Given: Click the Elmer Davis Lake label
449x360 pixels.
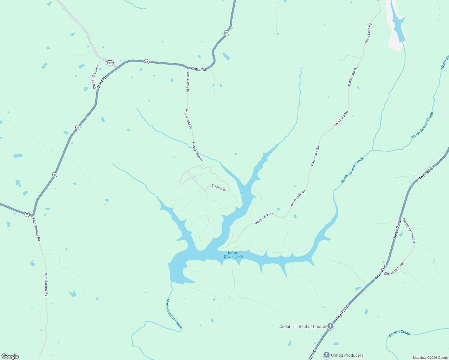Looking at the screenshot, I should [233, 254].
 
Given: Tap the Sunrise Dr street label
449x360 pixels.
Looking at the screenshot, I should [218, 188].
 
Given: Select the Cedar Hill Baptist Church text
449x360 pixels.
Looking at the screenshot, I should [303, 326].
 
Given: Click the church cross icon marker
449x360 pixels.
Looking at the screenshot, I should [330, 326].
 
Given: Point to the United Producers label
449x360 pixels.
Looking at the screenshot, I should [347, 355].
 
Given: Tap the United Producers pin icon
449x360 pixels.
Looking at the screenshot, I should [326, 355].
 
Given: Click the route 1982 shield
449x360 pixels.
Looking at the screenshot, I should [110, 63].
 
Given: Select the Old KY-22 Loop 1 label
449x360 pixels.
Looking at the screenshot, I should [95, 77].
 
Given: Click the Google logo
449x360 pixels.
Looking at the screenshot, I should [10, 356].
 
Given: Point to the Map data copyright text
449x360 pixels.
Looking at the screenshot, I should [430, 358].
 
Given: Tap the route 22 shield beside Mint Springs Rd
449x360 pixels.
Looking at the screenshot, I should [27, 214].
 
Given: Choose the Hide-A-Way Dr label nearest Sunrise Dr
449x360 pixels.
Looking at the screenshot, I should [197, 151].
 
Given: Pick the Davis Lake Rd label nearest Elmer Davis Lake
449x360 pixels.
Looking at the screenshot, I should [264, 218].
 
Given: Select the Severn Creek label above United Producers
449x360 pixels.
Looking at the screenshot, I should [399, 333].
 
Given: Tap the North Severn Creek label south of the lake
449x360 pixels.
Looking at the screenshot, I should [174, 313].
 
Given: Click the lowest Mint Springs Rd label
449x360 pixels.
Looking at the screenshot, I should [46, 284].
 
